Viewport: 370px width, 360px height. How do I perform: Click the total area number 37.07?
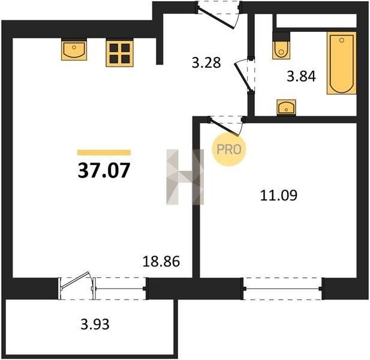click(104, 170)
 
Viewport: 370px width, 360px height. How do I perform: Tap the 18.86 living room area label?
click(161, 262)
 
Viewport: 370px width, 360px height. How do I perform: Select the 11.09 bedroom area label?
click(279, 195)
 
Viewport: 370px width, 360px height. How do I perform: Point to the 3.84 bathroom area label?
click(301, 76)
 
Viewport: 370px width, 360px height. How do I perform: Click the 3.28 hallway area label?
click(206, 63)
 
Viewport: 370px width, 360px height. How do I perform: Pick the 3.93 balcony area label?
click(95, 324)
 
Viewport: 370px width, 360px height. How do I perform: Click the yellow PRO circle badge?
click(229, 149)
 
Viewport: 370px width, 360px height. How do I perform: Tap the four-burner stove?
click(120, 53)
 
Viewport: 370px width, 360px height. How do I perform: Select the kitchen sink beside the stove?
click(74, 50)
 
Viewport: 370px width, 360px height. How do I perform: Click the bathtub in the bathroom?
click(341, 63)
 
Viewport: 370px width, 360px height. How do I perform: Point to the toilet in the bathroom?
click(281, 46)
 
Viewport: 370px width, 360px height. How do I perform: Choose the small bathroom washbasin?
click(287, 107)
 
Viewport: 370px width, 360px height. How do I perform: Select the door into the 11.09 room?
click(226, 125)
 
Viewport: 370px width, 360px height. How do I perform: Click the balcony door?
click(76, 285)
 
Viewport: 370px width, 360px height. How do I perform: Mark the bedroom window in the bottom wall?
click(282, 289)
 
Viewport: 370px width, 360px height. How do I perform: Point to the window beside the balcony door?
click(121, 289)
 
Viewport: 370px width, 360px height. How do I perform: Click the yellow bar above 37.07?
click(104, 152)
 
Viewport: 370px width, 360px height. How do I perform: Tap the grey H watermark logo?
click(185, 177)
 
